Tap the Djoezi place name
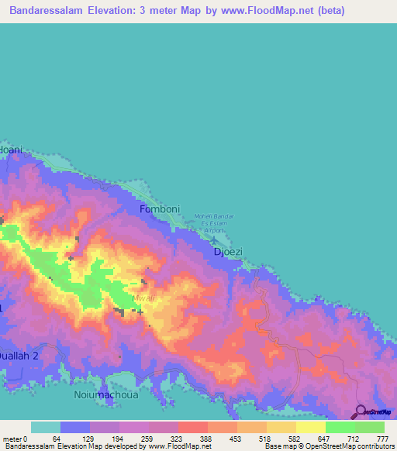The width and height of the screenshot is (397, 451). coord(228,252)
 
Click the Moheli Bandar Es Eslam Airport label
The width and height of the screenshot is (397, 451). coord(210,223)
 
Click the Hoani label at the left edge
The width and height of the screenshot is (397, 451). coord(11,150)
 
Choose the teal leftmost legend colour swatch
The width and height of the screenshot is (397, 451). coord(46,427)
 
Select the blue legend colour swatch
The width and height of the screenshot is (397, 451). coord(75,427)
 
